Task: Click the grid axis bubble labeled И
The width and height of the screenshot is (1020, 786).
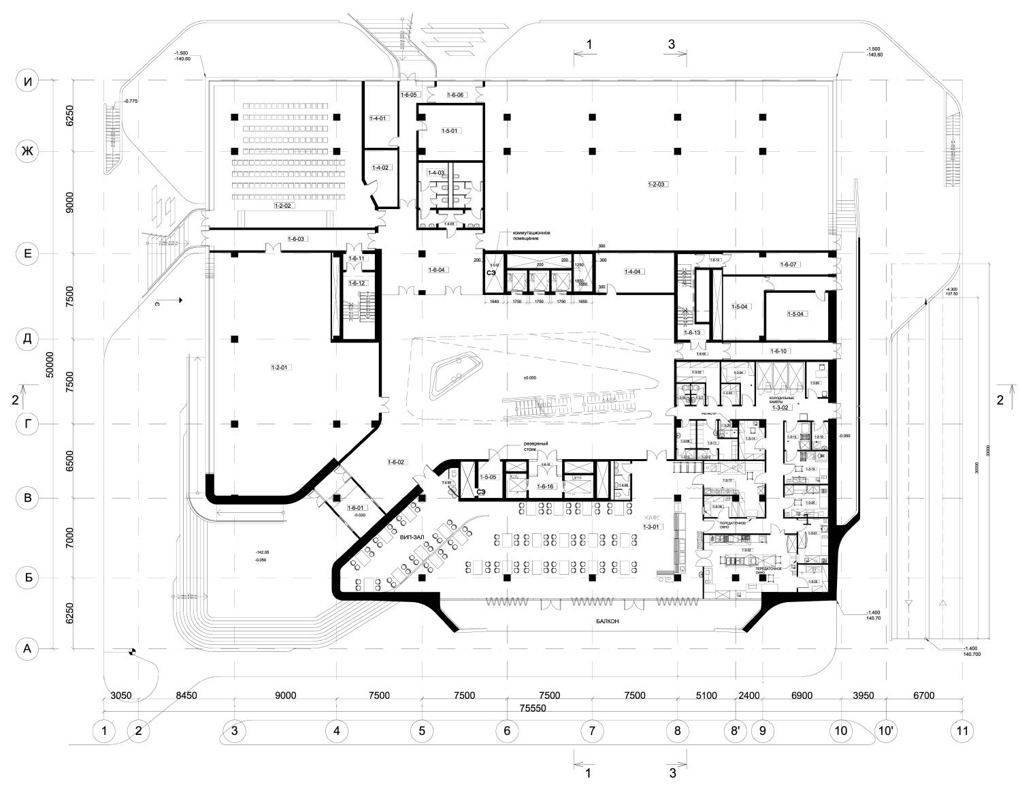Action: [x=28, y=81]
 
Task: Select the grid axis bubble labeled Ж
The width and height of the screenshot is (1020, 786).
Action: [x=28, y=151]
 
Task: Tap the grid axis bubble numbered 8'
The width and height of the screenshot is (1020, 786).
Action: [x=736, y=731]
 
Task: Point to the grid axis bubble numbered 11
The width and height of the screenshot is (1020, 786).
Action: [x=961, y=731]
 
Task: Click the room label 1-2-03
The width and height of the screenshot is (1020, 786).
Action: [x=658, y=185]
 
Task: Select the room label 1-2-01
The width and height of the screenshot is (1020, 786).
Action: [x=280, y=368]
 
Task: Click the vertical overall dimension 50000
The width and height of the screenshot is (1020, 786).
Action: [x=49, y=368]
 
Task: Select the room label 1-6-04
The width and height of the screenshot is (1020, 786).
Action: [x=437, y=270]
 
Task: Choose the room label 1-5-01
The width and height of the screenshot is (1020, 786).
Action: [x=450, y=131]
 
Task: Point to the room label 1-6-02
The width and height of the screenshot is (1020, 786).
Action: [x=396, y=462]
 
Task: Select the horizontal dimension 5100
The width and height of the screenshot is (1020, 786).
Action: [x=706, y=695]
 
